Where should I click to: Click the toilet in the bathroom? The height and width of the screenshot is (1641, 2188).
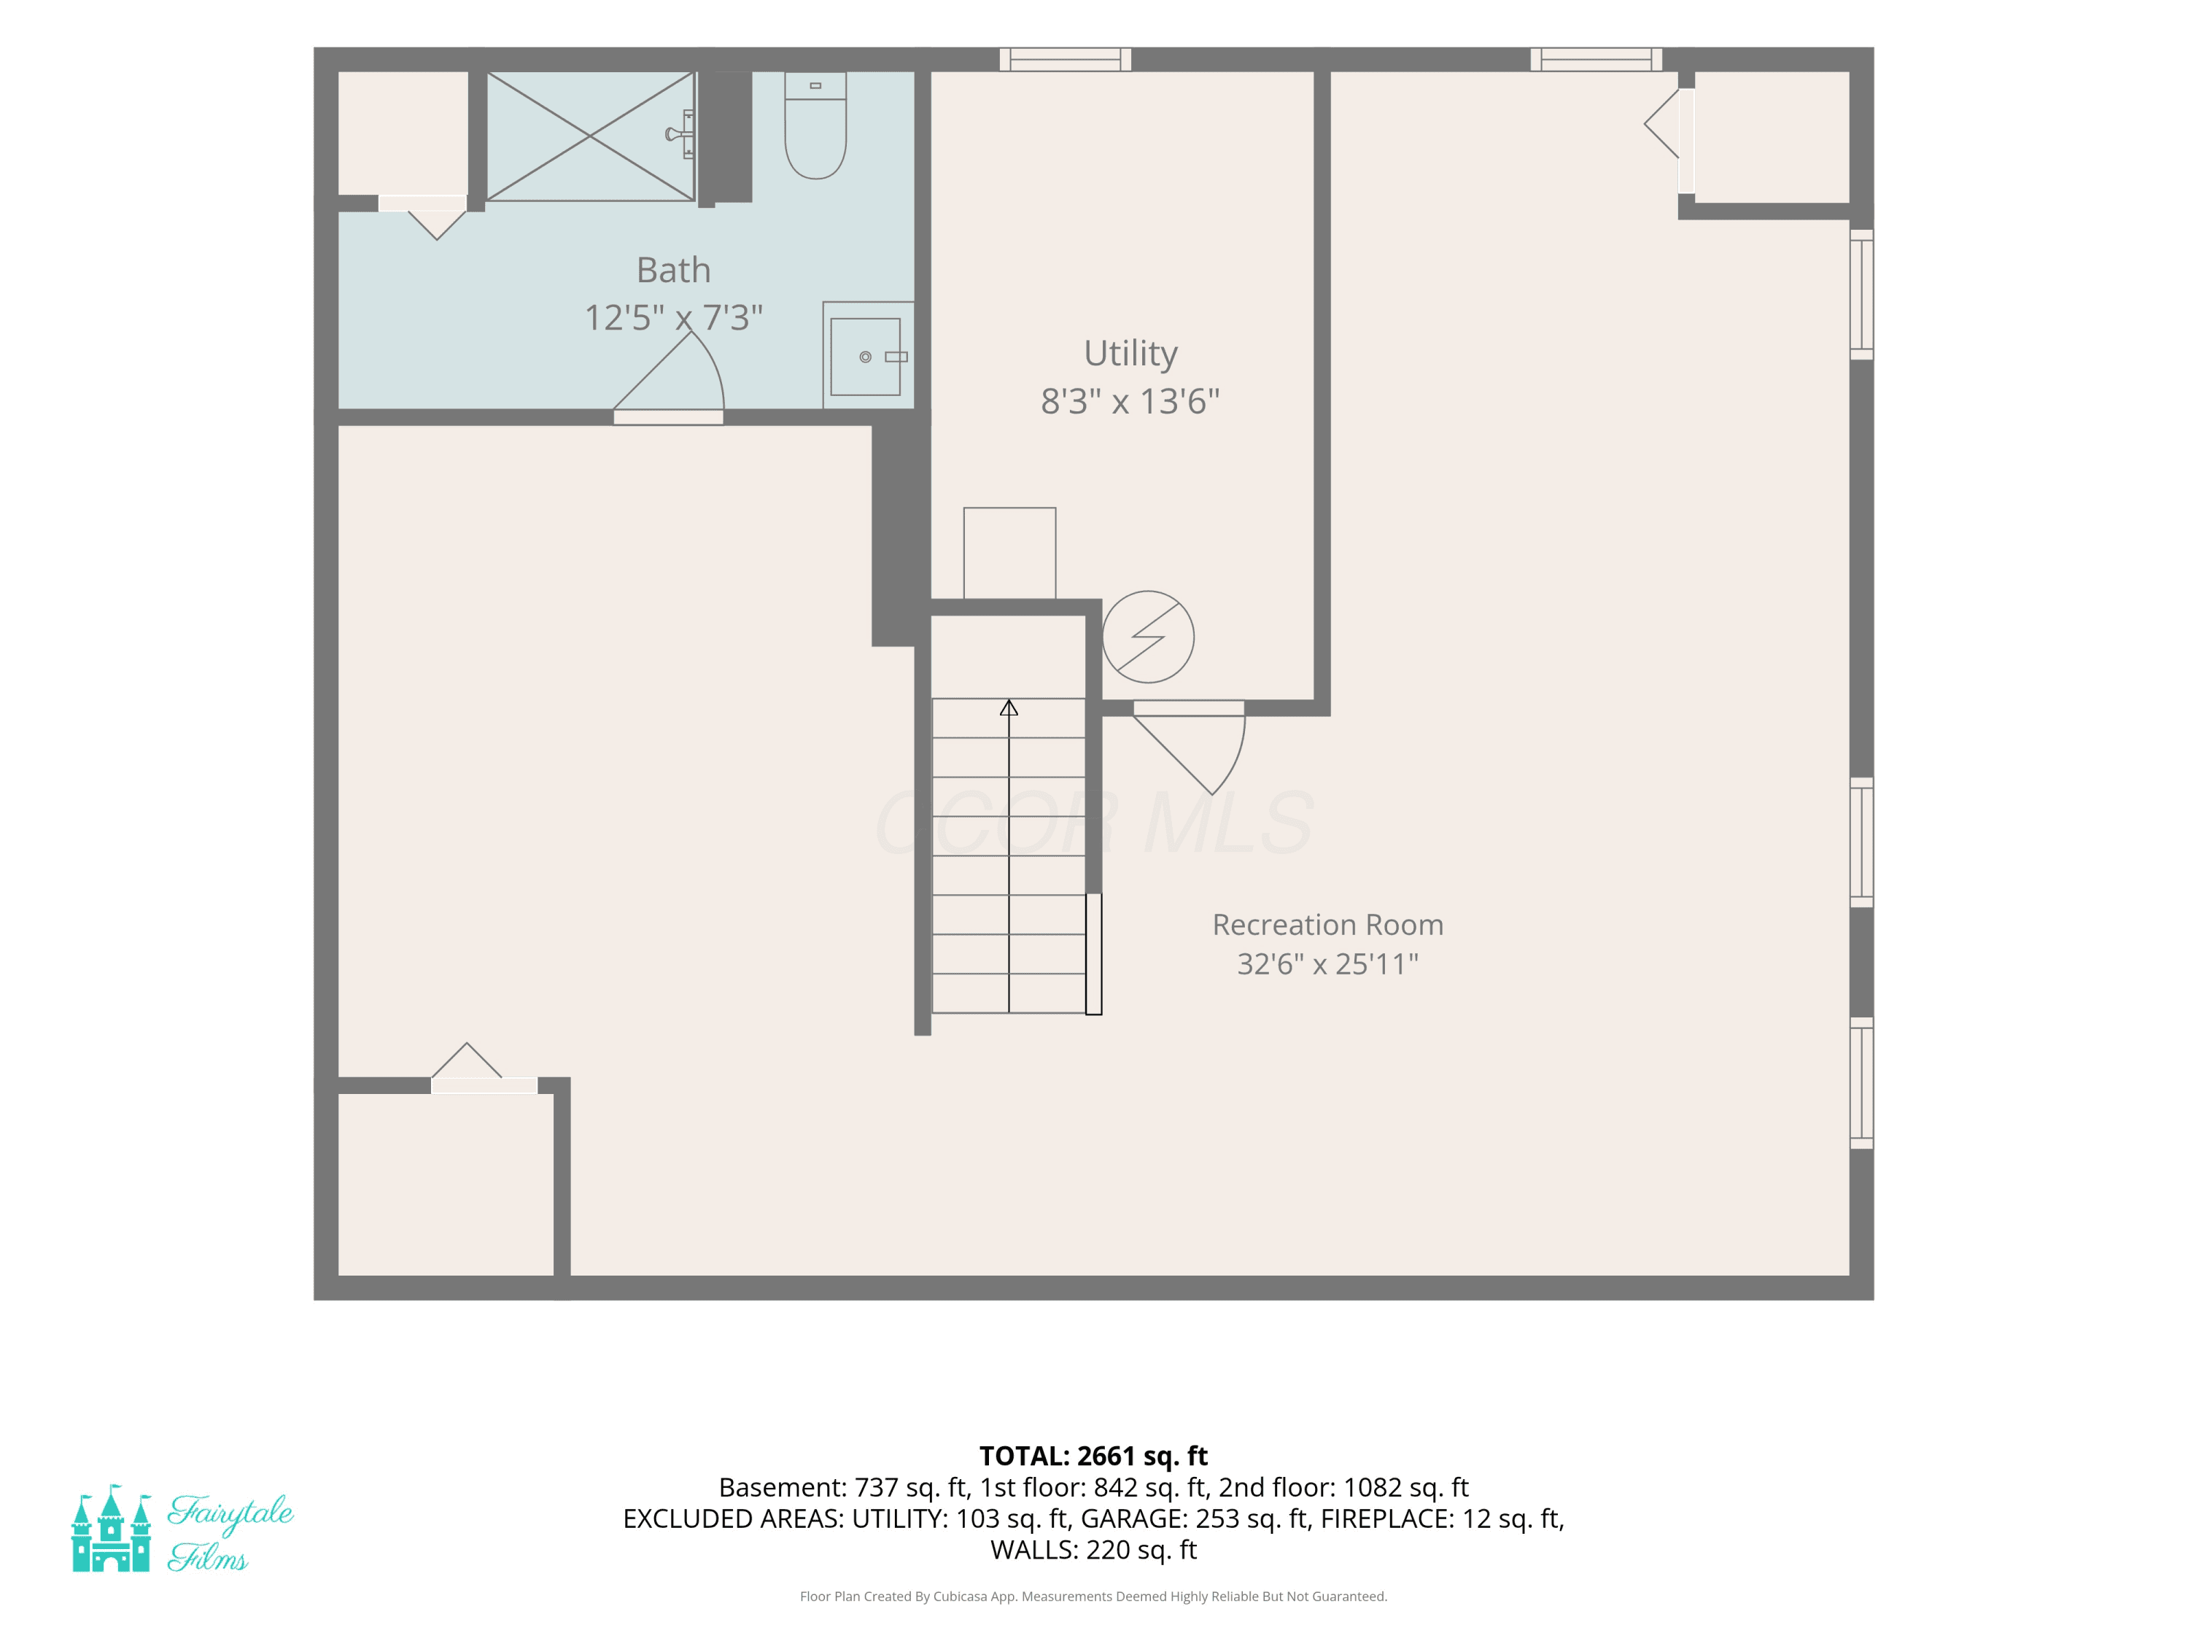coord(815,125)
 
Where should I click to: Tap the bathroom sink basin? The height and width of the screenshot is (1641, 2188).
coord(866,356)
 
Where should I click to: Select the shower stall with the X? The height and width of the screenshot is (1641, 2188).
coord(591,136)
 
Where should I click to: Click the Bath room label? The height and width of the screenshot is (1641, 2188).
coord(674,270)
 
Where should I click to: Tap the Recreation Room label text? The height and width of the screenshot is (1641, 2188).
coord(1327,925)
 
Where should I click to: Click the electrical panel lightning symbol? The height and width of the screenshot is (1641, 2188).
coord(1149,637)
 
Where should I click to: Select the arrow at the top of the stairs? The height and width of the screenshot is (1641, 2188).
coord(1009,707)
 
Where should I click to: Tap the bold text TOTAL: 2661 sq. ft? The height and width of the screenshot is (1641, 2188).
coord(1093,1456)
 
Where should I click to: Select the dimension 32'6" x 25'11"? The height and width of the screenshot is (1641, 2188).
coord(1327,964)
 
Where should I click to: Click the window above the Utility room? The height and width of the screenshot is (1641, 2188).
coord(1066,59)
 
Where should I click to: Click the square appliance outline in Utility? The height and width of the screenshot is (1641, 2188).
coord(1010,553)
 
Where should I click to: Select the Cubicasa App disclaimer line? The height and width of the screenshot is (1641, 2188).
coord(1093,1597)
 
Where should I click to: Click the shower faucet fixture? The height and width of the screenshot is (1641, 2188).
coord(680,134)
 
